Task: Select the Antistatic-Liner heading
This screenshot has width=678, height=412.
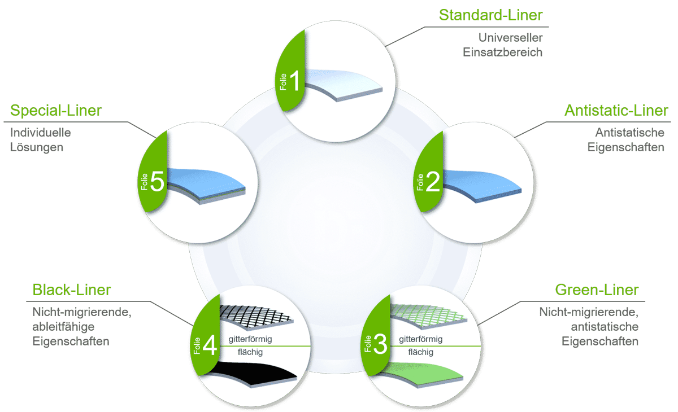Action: [616, 111]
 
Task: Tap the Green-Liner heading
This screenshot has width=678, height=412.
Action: [597, 290]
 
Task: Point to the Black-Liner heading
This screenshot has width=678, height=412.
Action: [72, 290]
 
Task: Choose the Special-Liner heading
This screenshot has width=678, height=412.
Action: [56, 111]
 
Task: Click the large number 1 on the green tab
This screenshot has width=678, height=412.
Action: [295, 79]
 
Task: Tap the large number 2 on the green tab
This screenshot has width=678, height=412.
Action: [432, 182]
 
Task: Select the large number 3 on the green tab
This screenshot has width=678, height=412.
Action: [380, 344]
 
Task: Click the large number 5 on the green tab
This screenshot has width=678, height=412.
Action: [158, 182]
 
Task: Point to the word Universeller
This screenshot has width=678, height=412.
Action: [510, 38]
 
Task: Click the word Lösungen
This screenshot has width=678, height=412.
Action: [37, 147]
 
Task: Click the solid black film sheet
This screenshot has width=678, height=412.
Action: [254, 375]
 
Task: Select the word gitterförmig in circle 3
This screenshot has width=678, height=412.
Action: [420, 339]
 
